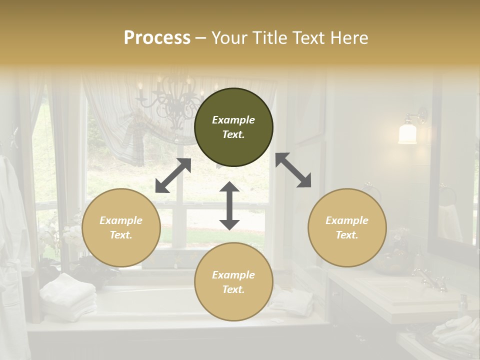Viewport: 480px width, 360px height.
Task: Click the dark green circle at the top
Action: [x=233, y=127]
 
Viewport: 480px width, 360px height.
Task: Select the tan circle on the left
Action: [x=121, y=227]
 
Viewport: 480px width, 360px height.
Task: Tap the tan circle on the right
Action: [x=347, y=227]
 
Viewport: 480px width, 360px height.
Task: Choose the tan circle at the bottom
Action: [x=233, y=282]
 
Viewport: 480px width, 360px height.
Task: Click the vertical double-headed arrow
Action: [x=229, y=206]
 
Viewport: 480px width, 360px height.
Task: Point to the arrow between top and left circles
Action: [x=173, y=175]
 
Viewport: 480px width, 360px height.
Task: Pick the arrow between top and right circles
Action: [x=293, y=170]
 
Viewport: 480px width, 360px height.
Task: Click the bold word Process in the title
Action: [x=157, y=37]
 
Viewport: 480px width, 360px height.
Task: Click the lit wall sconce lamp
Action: [x=408, y=132]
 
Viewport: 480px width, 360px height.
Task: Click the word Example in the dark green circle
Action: [x=233, y=120]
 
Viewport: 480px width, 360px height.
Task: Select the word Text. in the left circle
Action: [x=121, y=235]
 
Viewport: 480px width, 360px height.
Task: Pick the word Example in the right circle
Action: [x=347, y=220]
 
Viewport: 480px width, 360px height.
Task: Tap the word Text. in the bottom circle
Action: [x=233, y=289]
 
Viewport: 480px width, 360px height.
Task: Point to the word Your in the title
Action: [x=230, y=37]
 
